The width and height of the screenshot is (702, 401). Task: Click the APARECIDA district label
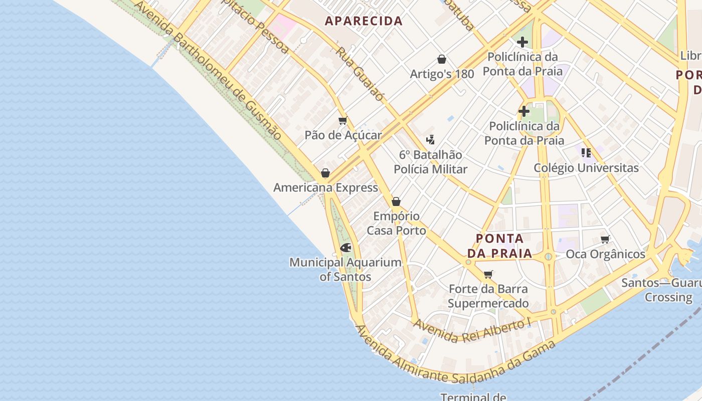coord(364,21)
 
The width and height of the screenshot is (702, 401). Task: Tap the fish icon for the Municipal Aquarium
coord(345,248)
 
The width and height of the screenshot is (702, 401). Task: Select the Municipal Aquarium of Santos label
coord(345,269)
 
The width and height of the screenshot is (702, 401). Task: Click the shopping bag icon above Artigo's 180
coord(442,60)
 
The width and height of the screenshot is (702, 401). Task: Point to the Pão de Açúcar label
coord(343,135)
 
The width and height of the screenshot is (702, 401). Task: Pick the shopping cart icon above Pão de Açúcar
coord(343,121)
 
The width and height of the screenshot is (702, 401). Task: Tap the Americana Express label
coord(325,187)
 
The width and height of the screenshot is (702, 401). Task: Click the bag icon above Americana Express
coord(325,173)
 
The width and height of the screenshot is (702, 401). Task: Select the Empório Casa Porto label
coord(396,224)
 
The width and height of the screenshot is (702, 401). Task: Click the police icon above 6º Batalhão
coord(430,139)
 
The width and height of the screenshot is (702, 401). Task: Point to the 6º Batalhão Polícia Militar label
coord(430,162)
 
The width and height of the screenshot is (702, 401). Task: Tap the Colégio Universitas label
coord(586,168)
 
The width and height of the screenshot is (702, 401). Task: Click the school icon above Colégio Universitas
coord(586,152)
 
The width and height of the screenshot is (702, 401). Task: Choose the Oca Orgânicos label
coord(605,254)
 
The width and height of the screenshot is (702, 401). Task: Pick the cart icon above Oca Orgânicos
coord(605,240)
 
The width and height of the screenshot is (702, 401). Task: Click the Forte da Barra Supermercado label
coord(488,296)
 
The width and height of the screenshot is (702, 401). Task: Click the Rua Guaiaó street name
coord(360,74)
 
